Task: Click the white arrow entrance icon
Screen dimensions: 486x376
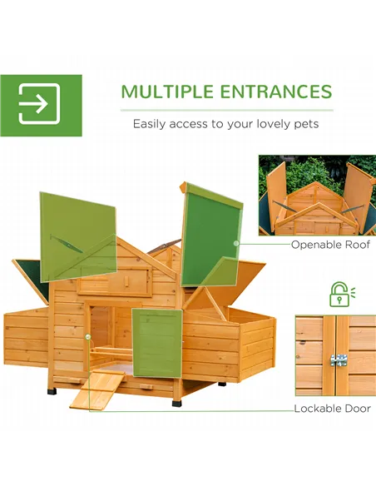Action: tap(39, 105)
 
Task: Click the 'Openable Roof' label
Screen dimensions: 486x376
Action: tap(330, 245)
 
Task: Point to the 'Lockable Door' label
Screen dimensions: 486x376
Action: tap(332, 409)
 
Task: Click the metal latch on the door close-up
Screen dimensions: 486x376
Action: tap(339, 360)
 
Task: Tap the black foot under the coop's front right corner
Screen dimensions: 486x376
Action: tap(176, 401)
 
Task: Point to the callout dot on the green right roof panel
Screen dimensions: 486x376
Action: tap(236, 244)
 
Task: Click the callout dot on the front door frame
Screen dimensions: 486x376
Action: tap(87, 336)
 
